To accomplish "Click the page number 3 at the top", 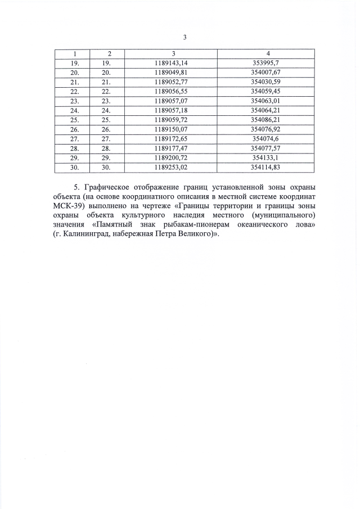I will pyautogui.click(x=185, y=38).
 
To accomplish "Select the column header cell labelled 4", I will pyautogui.click(x=268, y=53).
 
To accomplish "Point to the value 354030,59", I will pyautogui.click(x=268, y=82).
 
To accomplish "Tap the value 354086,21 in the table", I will pyautogui.click(x=268, y=120).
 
